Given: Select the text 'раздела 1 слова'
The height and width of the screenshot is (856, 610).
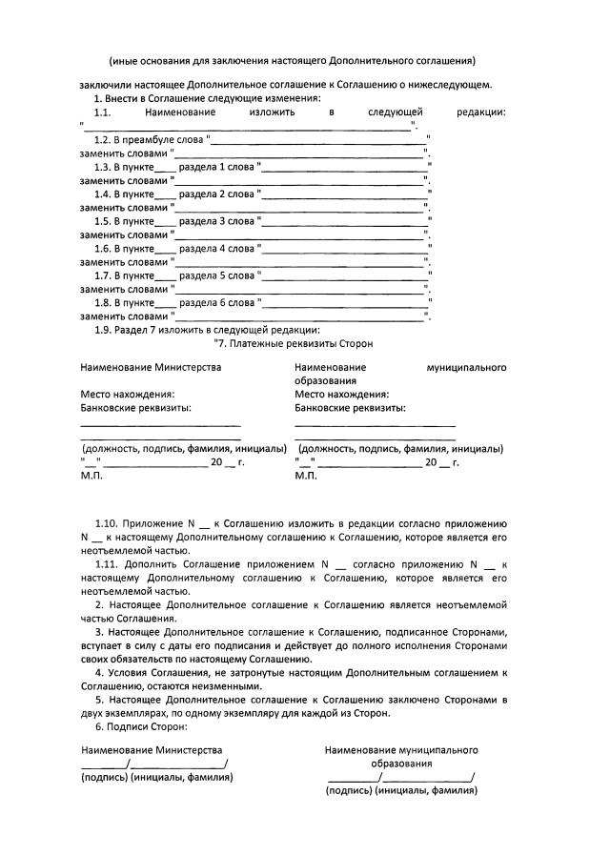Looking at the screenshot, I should click(214, 167).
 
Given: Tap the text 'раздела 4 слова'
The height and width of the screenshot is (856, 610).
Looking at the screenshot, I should click(214, 248).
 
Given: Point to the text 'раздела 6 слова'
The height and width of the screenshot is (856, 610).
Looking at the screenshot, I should click(214, 302).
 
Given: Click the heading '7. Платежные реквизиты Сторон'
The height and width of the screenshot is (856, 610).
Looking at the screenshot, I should click(294, 342).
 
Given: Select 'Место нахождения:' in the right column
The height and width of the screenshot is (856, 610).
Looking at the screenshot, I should click(341, 394).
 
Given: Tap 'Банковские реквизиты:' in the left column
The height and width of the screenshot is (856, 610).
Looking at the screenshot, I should click(135, 407).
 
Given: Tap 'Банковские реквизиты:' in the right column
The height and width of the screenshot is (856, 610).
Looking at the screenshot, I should click(350, 407).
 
